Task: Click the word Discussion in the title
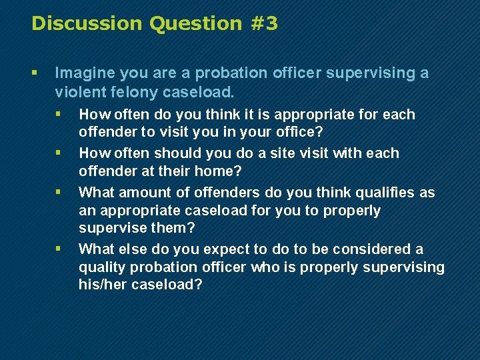pyautogui.click(x=87, y=23)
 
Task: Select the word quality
pyautogui.click(x=101, y=267)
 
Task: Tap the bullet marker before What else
pyautogui.click(x=59, y=249)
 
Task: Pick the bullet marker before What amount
pyautogui.click(x=59, y=193)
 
